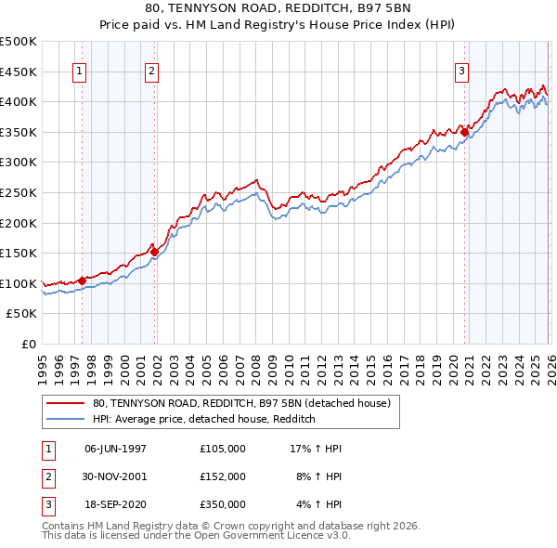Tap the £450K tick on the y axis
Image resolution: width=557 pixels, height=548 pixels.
pyautogui.click(x=18, y=72)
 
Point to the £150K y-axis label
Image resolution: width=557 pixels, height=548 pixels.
pyautogui.click(x=18, y=253)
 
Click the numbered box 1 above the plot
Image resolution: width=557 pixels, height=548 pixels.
pyautogui.click(x=79, y=71)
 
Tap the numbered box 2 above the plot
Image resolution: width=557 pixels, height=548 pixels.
pyautogui.click(x=151, y=71)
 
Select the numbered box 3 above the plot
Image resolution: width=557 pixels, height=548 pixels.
pyautogui.click(x=461, y=71)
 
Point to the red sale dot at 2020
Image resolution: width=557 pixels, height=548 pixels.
pyautogui.click(x=464, y=132)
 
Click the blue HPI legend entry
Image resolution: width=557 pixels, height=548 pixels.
pyautogui.click(x=204, y=419)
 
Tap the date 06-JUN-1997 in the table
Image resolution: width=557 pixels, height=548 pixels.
pyautogui.click(x=115, y=449)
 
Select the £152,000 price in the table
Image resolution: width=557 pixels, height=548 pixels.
pyautogui.click(x=222, y=476)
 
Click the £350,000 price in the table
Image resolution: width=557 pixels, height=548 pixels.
pyautogui.click(x=222, y=504)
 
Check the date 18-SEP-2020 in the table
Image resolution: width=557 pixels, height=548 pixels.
pyautogui.click(x=115, y=504)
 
